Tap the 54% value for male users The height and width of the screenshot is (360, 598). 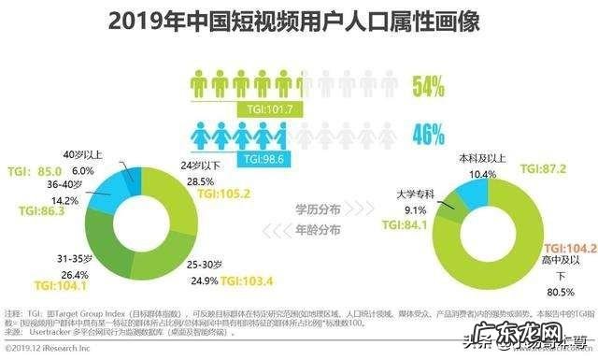427,88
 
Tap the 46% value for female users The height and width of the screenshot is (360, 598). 427,135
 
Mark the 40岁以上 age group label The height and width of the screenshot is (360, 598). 83,155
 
